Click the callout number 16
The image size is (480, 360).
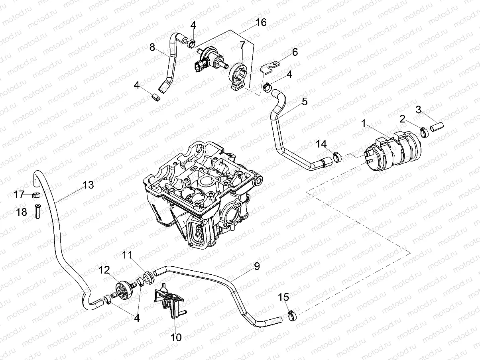261,22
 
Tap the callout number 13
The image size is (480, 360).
88,185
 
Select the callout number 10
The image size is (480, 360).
176,338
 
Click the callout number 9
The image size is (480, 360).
256,266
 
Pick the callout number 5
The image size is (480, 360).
305,102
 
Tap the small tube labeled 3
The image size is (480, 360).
437,127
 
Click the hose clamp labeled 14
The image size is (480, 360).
337,157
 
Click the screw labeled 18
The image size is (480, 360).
38,211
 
